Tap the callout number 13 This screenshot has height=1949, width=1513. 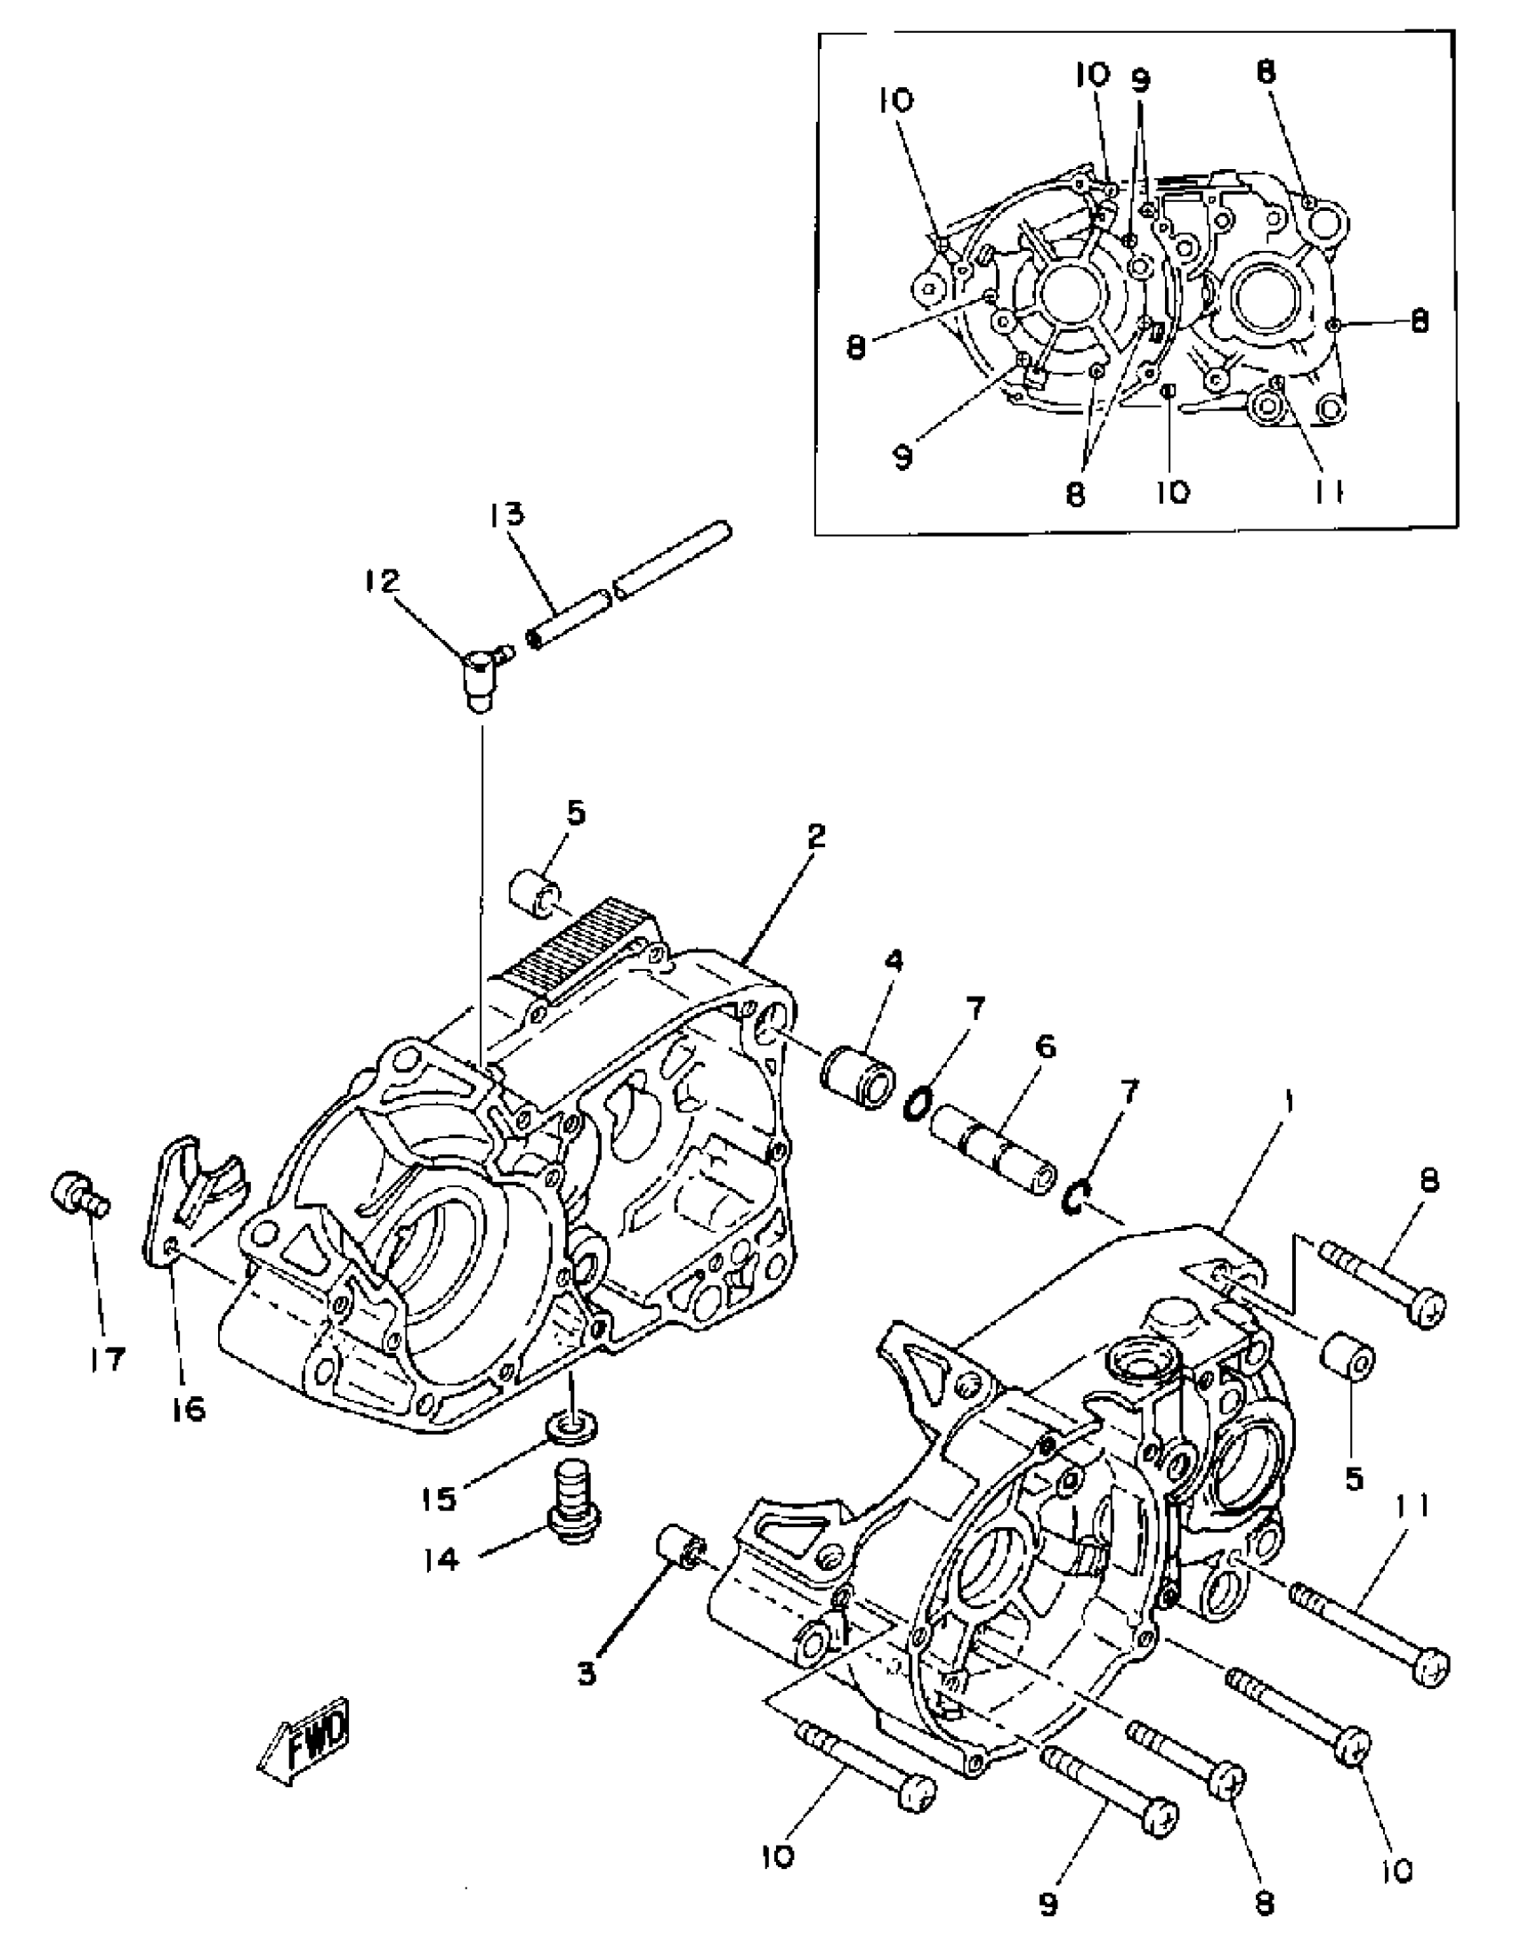tap(507, 516)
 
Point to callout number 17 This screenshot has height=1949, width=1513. tap(107, 1359)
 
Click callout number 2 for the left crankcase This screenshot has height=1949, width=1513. tap(815, 837)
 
